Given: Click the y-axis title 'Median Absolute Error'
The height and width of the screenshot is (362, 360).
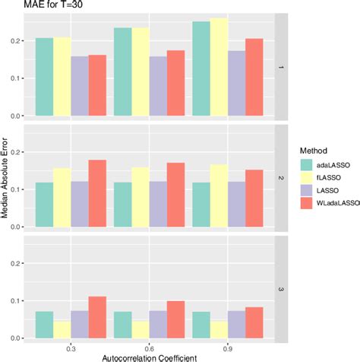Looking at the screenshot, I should tap(6, 180).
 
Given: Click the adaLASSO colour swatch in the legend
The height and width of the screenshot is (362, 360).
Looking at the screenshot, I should tap(308, 164).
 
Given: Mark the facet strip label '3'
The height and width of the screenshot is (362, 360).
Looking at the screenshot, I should tap(281, 289).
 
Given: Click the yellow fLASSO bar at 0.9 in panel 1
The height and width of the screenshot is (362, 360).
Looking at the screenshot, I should tap(219, 68).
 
